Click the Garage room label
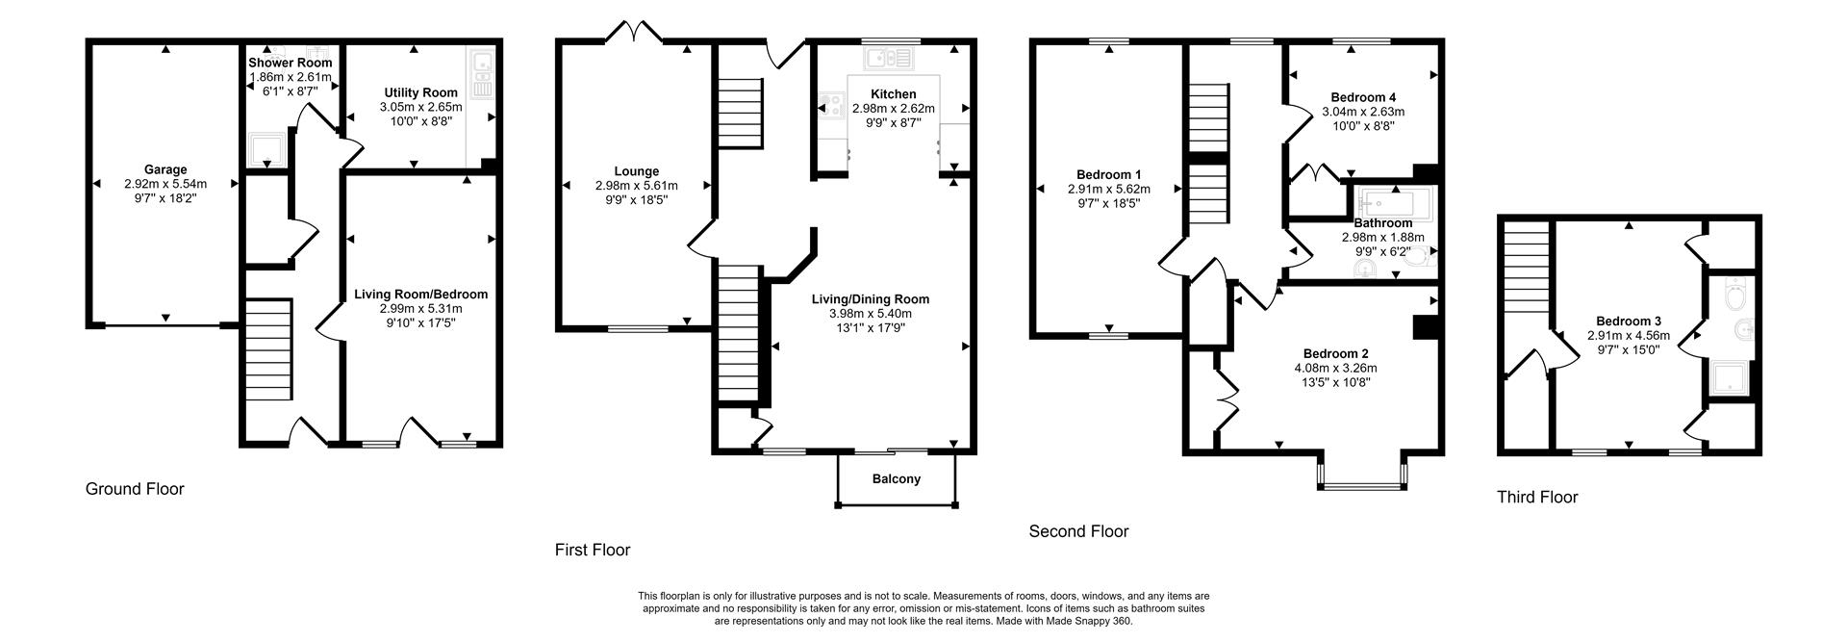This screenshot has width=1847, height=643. point(165,169)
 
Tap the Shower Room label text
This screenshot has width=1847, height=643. point(290,63)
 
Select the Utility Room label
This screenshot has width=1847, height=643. point(420,92)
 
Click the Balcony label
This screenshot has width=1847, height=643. point(896,478)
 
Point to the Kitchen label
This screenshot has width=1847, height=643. point(893,93)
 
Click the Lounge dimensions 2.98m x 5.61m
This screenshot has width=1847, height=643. point(636,186)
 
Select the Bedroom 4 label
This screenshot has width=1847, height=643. point(1362,97)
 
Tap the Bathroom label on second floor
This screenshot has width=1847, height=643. point(1382,222)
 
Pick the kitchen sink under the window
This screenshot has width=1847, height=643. point(889,60)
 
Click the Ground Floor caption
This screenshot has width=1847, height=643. point(135,489)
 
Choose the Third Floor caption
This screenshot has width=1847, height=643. point(1536,498)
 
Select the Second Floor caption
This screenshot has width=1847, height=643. point(1078,531)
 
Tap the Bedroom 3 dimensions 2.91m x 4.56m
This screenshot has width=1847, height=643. point(1628,336)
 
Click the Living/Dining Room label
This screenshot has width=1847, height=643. point(870,299)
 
